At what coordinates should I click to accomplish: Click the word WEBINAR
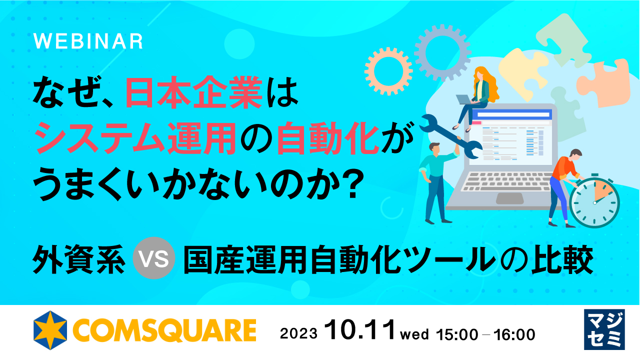(x=88, y=42)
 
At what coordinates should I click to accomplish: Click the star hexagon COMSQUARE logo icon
(x=50, y=330)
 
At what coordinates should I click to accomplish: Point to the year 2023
(x=298, y=333)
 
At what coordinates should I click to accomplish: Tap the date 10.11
(x=359, y=331)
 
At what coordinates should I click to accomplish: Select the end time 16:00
(x=514, y=333)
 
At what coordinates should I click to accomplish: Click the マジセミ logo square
(x=604, y=329)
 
